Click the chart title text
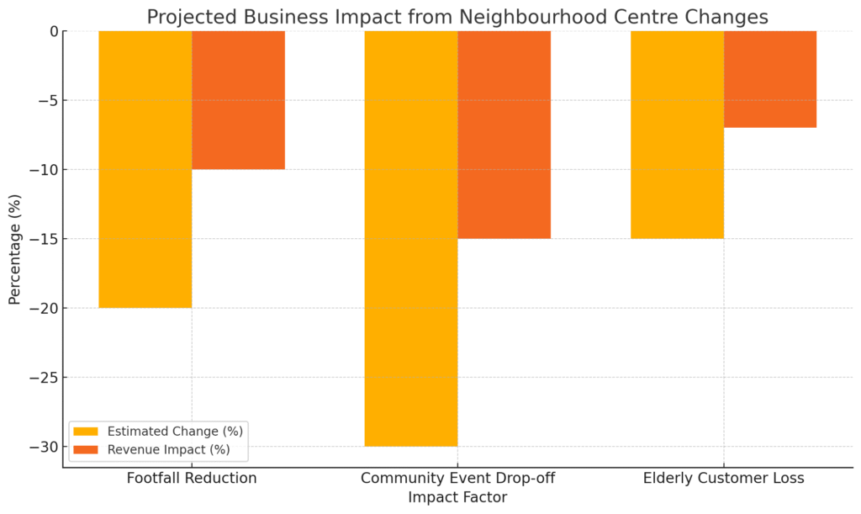click(x=457, y=17)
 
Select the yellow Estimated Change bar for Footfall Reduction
click(x=145, y=168)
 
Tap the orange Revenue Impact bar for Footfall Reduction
click(x=239, y=99)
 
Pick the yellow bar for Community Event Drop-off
click(x=411, y=237)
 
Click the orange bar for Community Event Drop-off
click(x=504, y=135)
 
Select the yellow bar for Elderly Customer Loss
click(x=677, y=135)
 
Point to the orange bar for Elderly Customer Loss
click(x=770, y=79)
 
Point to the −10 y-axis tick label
click(x=43, y=170)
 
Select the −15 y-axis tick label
click(x=43, y=239)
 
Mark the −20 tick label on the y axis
click(x=43, y=308)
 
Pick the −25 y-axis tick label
click(x=43, y=378)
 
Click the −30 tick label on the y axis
click(x=43, y=447)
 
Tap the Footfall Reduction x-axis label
click(x=192, y=479)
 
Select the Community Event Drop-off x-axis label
click(x=457, y=479)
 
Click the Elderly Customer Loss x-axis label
click(x=723, y=479)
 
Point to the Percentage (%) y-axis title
click(x=14, y=250)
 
